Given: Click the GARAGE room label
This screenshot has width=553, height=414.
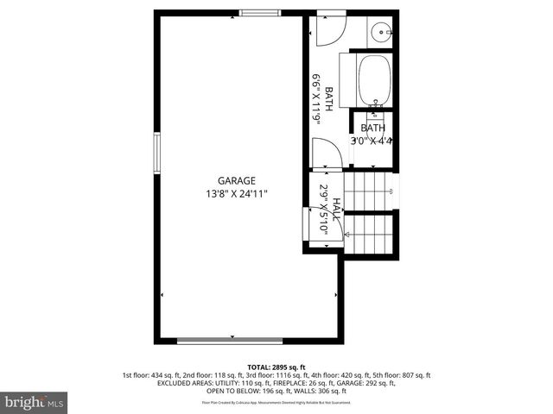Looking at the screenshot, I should point(237,180).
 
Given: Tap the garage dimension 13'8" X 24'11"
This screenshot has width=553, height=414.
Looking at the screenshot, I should point(237,193).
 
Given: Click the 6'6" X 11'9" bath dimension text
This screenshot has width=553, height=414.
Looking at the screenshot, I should point(317,100).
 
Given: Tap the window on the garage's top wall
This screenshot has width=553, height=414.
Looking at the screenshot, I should point(258,12).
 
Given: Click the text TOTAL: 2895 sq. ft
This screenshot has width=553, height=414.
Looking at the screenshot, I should point(276,367).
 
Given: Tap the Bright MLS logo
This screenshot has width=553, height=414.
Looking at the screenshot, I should point(35,402).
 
